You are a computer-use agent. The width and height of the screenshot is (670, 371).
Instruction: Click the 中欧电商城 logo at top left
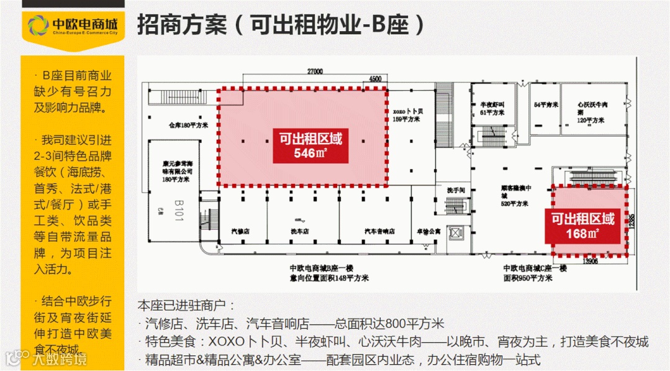point(73,25)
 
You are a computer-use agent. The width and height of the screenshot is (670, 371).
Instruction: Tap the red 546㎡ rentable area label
point(310,145)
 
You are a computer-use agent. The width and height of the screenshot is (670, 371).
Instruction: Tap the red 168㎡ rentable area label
point(582,226)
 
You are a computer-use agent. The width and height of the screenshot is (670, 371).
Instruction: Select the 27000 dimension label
point(315,71)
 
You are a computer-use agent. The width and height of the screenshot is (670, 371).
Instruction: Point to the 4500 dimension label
point(375,79)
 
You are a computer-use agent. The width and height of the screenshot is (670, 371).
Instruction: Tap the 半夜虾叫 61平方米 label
point(487,109)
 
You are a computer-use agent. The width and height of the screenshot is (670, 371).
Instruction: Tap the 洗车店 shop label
point(300,231)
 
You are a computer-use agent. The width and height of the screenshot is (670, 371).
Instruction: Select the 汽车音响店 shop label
point(379,231)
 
